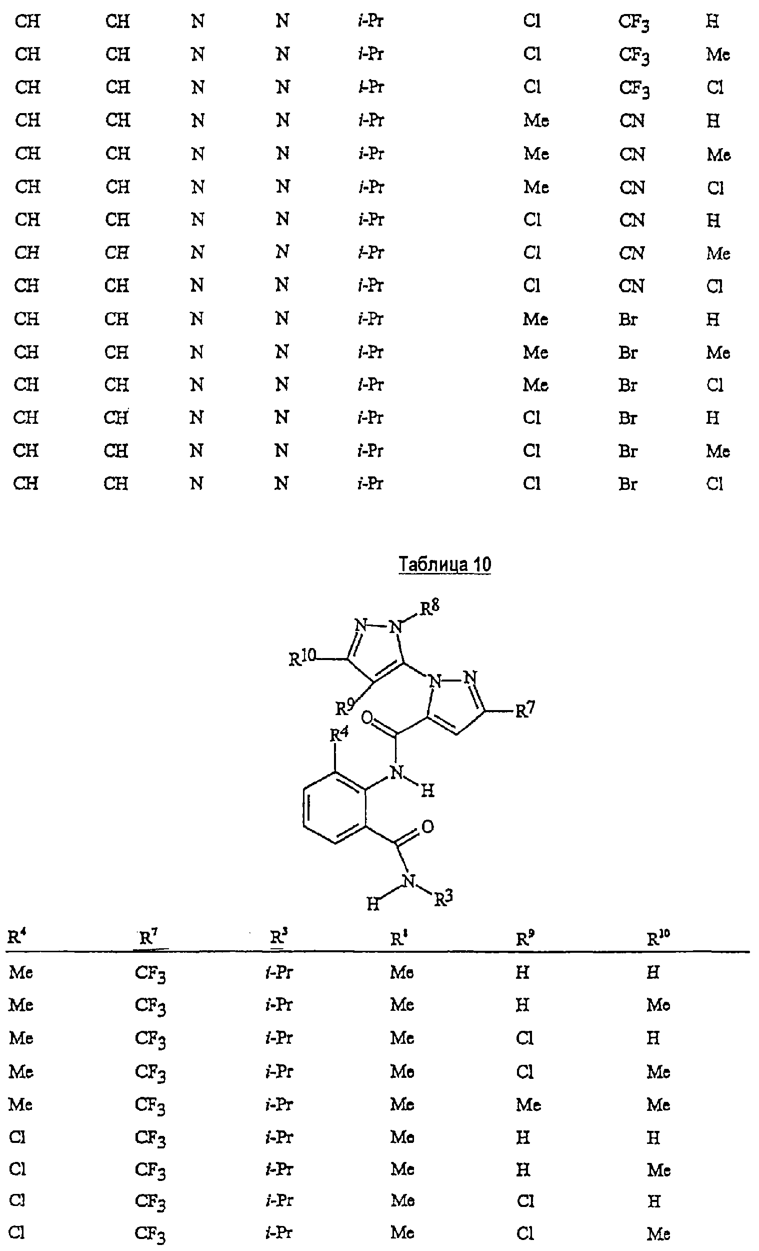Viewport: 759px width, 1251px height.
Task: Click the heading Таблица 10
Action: (x=445, y=564)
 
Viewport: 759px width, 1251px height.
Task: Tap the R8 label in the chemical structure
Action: (x=429, y=607)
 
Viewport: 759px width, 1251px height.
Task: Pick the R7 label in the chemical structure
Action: (x=525, y=710)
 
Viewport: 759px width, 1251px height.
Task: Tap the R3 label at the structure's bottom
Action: (x=443, y=899)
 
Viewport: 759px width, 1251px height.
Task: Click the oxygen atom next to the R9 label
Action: (x=367, y=718)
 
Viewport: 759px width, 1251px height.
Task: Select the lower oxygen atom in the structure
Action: (x=427, y=827)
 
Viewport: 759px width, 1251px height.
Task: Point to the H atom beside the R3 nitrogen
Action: (x=373, y=904)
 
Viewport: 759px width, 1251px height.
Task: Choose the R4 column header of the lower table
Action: (x=16, y=937)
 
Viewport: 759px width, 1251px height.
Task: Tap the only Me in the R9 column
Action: (x=528, y=1105)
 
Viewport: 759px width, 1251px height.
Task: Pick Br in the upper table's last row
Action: (x=627, y=484)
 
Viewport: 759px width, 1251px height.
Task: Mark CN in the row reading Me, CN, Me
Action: (x=632, y=154)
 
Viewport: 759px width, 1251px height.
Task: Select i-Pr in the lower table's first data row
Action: (x=279, y=972)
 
